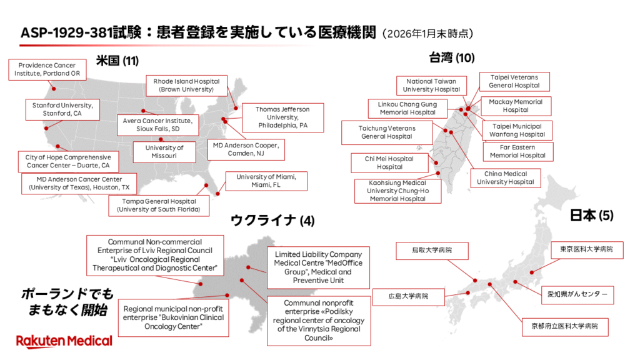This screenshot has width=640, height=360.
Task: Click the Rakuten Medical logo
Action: point(64,341)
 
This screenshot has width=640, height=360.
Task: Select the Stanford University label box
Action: point(62,109)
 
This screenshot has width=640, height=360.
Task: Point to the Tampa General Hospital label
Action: point(159,206)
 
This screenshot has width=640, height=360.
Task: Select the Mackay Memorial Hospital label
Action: point(516,106)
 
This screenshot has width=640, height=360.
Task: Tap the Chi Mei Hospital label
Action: point(389,162)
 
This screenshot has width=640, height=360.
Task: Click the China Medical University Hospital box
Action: point(506,177)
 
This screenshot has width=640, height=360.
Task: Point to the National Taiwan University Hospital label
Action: point(431,85)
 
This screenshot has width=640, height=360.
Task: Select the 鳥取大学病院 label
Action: point(431,251)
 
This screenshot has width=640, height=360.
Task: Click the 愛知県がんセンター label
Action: point(581,294)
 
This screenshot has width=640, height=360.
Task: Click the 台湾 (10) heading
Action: point(452,58)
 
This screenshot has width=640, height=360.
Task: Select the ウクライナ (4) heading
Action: point(273,219)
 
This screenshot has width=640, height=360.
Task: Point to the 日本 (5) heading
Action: point(592,216)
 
